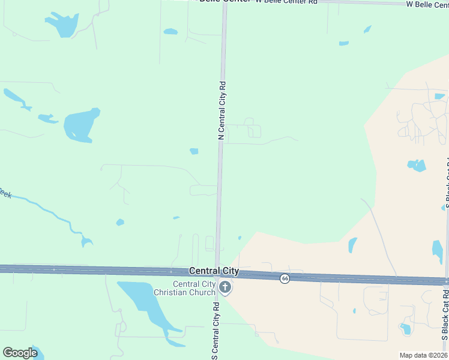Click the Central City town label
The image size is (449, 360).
point(214,271)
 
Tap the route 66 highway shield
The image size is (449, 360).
point(285,278)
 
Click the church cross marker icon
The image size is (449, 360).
point(225,288)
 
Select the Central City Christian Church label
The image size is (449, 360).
point(193,288)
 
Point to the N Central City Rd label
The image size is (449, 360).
point(221,111)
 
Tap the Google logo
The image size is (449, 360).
point(20,353)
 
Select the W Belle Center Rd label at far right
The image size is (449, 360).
point(427,4)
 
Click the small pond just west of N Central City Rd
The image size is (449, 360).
point(194,151)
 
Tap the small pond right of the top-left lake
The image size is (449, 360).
point(170,31)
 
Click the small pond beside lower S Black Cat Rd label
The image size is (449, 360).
point(406,329)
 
